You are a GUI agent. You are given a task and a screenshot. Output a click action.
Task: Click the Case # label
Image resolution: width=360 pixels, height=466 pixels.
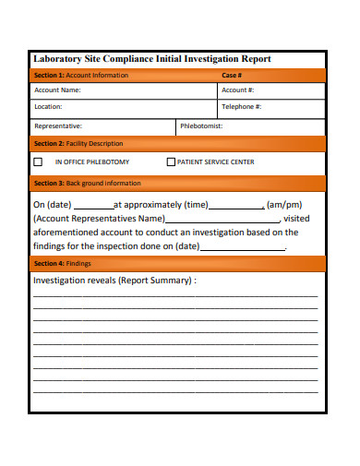pyautogui.click(x=232, y=75)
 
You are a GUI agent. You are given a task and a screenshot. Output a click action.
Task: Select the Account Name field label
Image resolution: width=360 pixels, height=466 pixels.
pyautogui.click(x=57, y=90)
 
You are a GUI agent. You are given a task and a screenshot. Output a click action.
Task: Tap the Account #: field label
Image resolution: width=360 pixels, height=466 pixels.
pyautogui.click(x=237, y=90)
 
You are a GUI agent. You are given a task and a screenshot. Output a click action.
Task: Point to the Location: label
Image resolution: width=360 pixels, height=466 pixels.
pyautogui.click(x=48, y=107)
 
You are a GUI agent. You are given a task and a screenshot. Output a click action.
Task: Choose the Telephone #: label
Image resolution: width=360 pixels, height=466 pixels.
pyautogui.click(x=242, y=107)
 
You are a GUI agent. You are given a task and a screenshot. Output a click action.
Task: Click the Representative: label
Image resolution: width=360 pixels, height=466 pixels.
pyautogui.click(x=57, y=125)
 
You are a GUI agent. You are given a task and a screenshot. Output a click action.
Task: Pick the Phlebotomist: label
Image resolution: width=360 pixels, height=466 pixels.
pyautogui.click(x=201, y=125)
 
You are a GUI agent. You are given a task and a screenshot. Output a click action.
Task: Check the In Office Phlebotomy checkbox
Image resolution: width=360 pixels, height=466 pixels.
pyautogui.click(x=38, y=162)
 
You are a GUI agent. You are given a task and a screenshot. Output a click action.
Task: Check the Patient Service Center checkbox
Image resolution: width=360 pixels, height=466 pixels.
pyautogui.click(x=171, y=162)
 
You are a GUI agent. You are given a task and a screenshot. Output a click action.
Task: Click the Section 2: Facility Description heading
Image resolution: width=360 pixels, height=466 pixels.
pyautogui.click(x=78, y=144)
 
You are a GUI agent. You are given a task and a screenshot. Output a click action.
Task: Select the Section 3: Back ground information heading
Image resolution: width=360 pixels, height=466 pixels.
pyautogui.click(x=87, y=183)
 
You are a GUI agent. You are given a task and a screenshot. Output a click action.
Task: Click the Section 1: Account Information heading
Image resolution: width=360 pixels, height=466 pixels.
pyautogui.click(x=80, y=75)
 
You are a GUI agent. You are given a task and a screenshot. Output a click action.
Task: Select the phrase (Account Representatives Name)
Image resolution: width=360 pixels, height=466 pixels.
pyautogui.click(x=99, y=219)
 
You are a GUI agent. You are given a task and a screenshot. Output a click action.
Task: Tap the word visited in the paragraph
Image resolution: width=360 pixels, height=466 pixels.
pyautogui.click(x=298, y=219)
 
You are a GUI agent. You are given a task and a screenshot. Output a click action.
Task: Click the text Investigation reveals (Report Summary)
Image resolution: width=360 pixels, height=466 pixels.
pyautogui.click(x=114, y=280)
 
